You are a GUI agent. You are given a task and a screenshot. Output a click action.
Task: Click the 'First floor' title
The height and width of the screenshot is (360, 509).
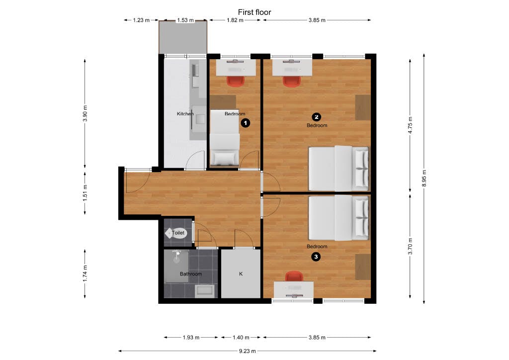pos(254,12)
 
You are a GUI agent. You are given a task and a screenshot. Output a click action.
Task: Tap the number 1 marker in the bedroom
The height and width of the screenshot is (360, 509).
pos(245,122)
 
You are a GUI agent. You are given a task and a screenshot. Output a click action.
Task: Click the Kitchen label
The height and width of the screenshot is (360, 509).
pos(185,114)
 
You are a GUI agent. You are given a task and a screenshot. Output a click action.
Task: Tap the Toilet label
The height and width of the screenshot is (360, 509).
pos(178,233)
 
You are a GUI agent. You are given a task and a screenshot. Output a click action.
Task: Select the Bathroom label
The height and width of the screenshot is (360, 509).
pos(190,274)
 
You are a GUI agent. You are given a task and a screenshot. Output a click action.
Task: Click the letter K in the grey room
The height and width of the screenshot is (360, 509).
pos(241,274)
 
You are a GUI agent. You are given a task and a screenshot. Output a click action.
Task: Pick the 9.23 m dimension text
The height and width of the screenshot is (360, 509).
pos(247,351)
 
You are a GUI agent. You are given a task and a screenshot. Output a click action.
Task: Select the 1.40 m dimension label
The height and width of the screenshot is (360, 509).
pos(241,338)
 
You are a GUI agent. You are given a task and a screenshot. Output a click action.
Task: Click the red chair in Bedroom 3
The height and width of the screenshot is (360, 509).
pos(294,276)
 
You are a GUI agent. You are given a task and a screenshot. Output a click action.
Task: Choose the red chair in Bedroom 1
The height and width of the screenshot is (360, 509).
pos(236,81)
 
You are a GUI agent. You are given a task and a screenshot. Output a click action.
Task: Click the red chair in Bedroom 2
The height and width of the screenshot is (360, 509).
pos(292,81)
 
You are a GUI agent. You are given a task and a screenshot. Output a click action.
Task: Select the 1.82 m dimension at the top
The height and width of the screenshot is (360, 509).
pos(235,20)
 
